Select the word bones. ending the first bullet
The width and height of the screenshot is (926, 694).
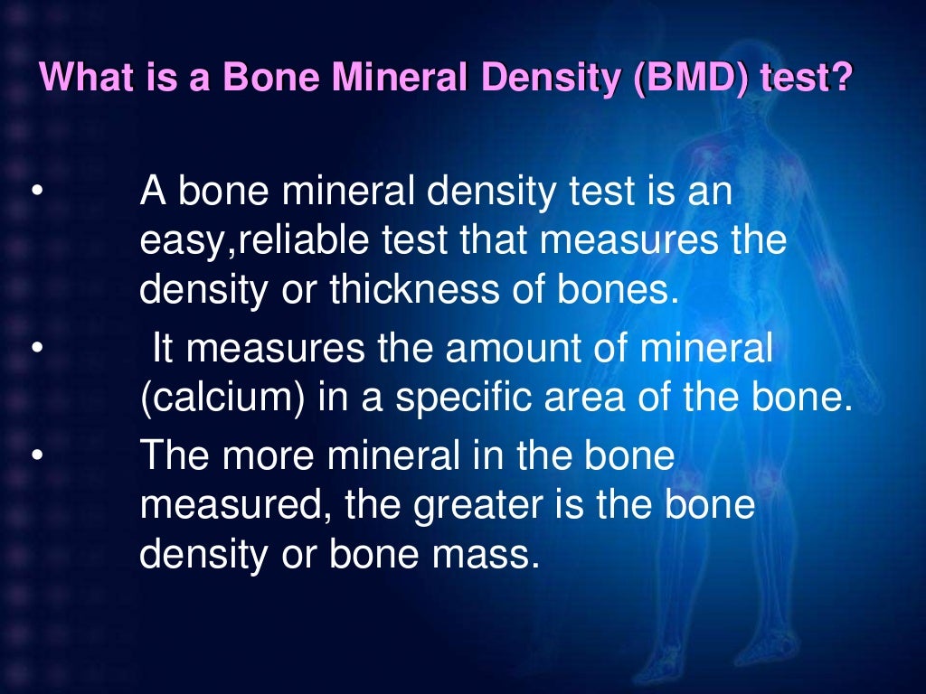pos(619,291)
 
